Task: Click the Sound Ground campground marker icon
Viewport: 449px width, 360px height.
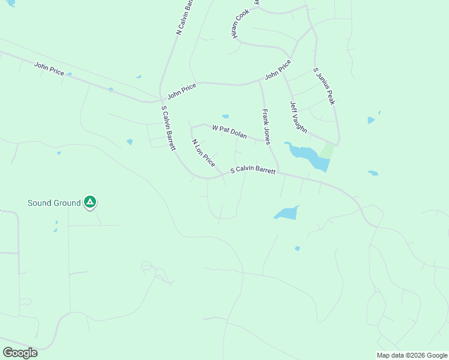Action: coord(90,202)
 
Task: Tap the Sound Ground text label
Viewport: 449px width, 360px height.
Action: coord(54,203)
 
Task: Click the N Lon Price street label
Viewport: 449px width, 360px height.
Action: coord(203,153)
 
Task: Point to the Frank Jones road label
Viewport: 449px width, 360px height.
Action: coord(266,127)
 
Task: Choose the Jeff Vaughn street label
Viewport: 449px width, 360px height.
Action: coord(298,117)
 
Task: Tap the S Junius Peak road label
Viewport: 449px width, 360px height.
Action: coord(324,86)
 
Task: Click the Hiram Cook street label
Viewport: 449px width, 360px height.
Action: coord(241,25)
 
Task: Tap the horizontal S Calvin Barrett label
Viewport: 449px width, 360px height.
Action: coord(253,170)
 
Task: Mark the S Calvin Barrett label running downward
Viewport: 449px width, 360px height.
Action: coord(168,128)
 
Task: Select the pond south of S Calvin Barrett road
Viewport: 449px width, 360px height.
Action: coord(286,213)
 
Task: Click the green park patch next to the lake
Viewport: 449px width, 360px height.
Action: coord(326,150)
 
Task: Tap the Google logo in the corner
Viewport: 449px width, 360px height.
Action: coord(20,352)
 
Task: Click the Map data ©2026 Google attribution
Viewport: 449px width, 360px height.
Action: coord(411,355)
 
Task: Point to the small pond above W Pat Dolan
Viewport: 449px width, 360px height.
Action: coord(225,116)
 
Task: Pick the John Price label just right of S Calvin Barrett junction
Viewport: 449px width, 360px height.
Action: coord(182,91)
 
